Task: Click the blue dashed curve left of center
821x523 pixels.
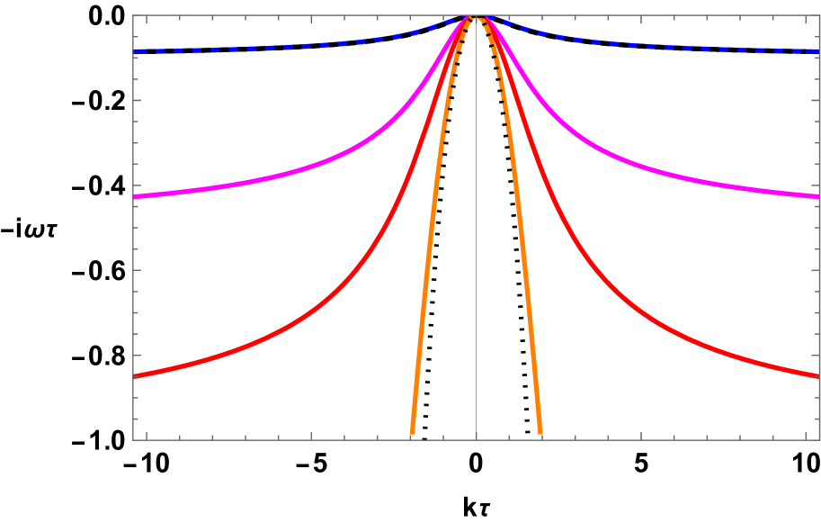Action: [x=270, y=47]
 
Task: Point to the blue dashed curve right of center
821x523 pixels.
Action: [x=683, y=48]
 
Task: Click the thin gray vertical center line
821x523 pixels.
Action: [x=476, y=270]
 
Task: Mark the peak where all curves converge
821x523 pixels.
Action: [x=476, y=16]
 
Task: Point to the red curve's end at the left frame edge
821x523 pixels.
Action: [x=135, y=376]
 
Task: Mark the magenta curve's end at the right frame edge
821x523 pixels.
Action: [x=817, y=195]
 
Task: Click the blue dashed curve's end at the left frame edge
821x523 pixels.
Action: [x=135, y=51]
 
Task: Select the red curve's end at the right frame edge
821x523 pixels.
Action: [x=817, y=376]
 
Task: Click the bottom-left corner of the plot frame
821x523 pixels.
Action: [x=133, y=440]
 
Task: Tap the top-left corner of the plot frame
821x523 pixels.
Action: [x=133, y=15]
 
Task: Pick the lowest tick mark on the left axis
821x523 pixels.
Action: [x=137, y=419]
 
